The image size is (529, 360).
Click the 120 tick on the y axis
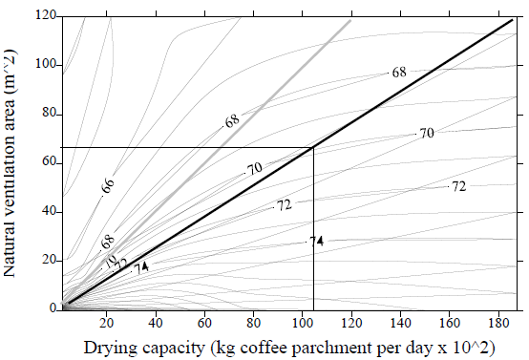coord(43,16)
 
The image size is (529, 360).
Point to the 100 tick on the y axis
coord(43,65)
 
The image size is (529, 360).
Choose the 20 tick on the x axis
coord(107,319)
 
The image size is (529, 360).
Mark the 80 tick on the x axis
coord(254,319)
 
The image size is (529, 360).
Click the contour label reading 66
coord(108,184)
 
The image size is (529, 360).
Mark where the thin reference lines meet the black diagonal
coord(313,147)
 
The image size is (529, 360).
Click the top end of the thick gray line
coord(350,19)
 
